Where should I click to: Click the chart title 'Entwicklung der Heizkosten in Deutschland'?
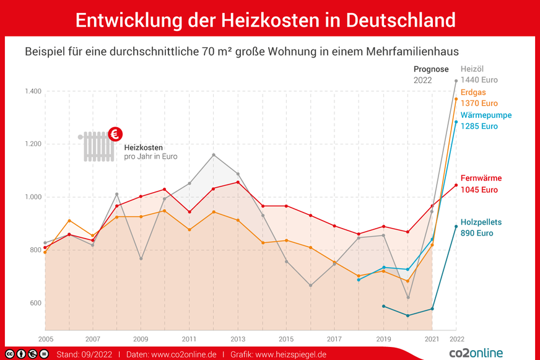pos(265,19)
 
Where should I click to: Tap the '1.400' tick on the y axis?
pos(32,92)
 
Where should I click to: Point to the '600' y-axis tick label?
pos(35,303)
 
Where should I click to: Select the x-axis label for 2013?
pos(238,340)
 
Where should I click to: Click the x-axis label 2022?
pos(456,340)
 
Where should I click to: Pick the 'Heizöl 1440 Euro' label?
pos(479,74)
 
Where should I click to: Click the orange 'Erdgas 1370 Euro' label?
pos(479,98)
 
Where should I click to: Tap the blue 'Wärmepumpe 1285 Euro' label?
pos(486,121)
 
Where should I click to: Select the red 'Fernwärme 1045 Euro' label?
pos(481,184)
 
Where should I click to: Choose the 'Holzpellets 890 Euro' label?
pos(481,227)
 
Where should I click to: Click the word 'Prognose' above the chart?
pos(431,69)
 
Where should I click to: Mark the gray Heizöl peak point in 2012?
pos(214,155)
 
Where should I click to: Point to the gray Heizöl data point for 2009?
pos(141,258)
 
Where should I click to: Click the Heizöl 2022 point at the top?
pos(456,81)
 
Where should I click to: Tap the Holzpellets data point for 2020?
pos(407,315)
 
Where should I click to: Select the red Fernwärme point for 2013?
pos(238,182)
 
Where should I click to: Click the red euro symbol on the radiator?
pos(115,133)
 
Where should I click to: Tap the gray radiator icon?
pos(98,146)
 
